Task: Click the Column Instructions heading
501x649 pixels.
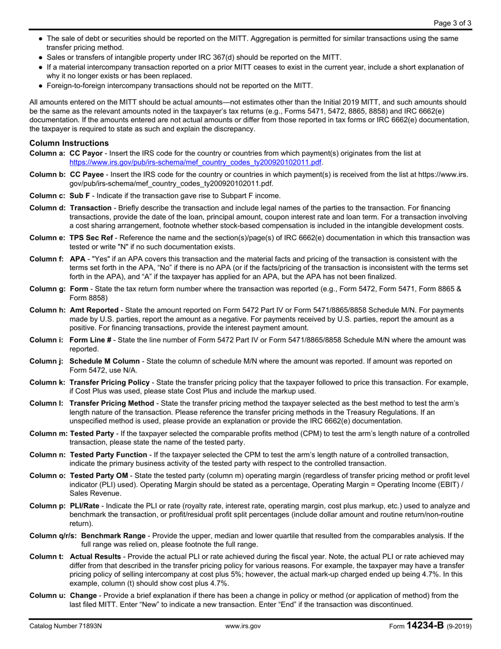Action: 69,143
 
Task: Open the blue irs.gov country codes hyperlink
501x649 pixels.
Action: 195,163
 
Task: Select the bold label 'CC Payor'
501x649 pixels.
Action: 86,153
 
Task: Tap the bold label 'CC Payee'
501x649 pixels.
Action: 86,174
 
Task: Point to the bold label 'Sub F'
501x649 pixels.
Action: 80,195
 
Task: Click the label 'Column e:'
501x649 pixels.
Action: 47,238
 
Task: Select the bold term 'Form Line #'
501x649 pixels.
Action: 90,340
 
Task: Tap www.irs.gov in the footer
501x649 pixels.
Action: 243,626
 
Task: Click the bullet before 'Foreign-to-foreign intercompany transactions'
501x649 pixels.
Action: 42,85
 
